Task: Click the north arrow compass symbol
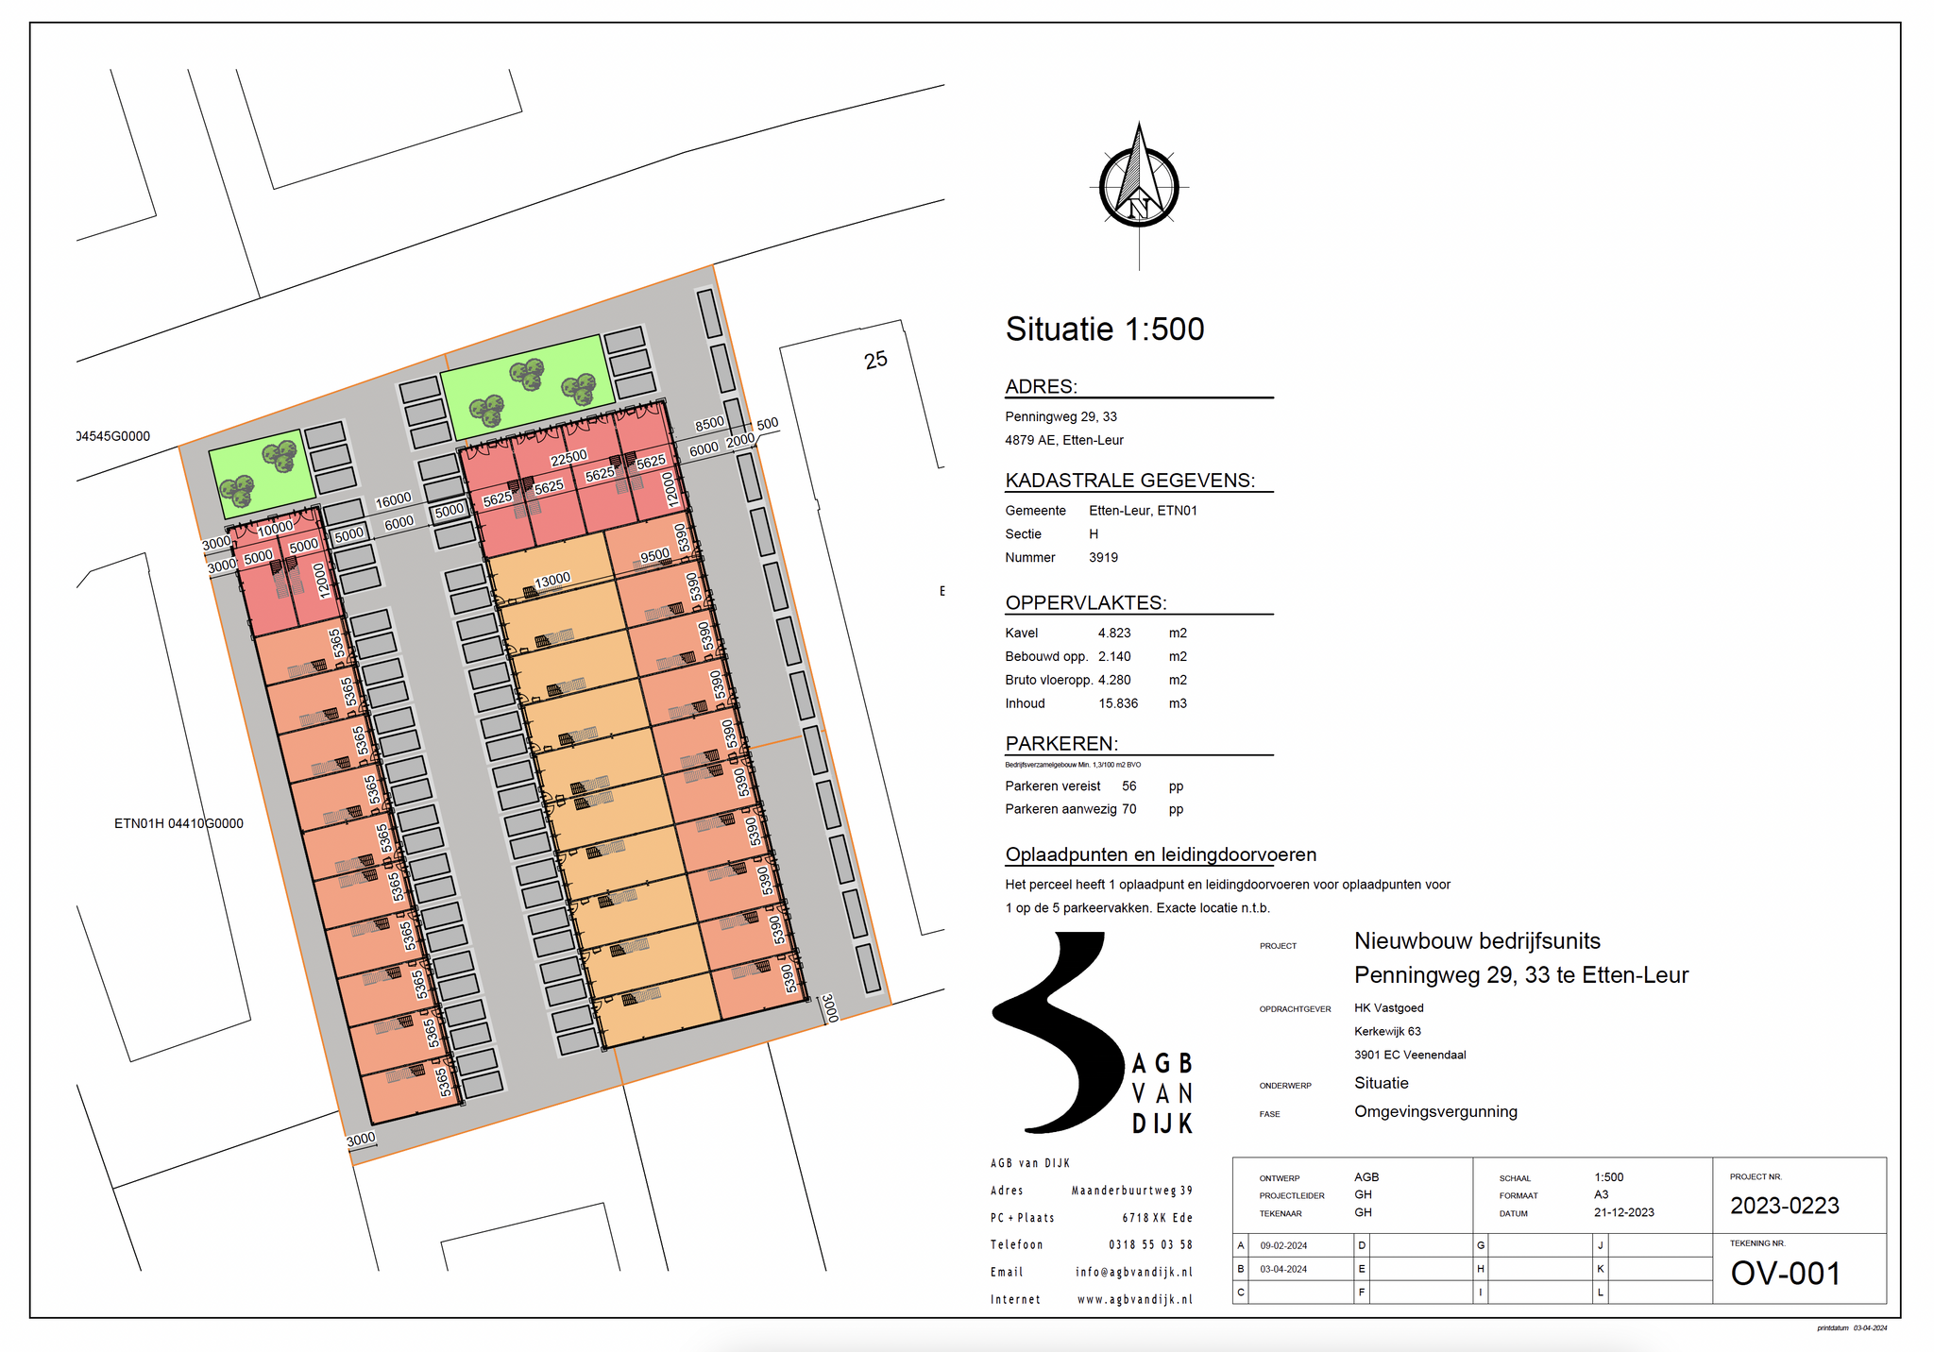click(x=1139, y=187)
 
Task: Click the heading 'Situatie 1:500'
click(x=1104, y=330)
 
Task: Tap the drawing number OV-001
click(x=1785, y=1274)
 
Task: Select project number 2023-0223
click(x=1784, y=1206)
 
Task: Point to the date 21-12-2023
click(x=1623, y=1213)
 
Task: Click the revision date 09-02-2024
click(x=1283, y=1246)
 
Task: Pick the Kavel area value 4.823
click(x=1114, y=634)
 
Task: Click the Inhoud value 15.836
click(x=1118, y=704)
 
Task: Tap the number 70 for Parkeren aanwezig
click(x=1129, y=809)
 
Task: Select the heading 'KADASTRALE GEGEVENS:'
click(x=1129, y=481)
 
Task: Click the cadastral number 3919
click(x=1103, y=558)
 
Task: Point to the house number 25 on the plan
click(x=875, y=360)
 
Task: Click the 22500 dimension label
click(x=568, y=458)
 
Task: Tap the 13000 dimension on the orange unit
click(x=552, y=580)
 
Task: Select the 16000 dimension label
click(x=393, y=499)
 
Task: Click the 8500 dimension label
click(x=709, y=424)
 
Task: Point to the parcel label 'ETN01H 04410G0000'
click(x=178, y=824)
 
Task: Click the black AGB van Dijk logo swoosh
click(x=1062, y=1029)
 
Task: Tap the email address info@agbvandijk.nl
click(x=1133, y=1273)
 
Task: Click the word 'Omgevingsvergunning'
click(x=1435, y=1112)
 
